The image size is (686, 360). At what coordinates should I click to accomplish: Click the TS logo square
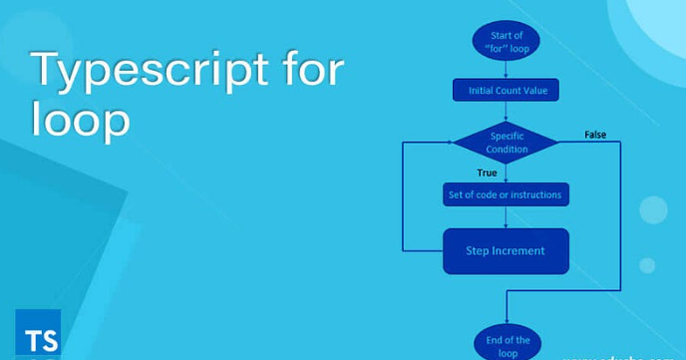[38, 333]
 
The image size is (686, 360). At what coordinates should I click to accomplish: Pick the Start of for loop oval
[507, 41]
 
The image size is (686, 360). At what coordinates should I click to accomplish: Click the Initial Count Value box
[507, 91]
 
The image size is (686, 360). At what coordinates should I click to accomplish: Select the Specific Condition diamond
[507, 142]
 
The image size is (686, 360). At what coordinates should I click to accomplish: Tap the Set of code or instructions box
[507, 194]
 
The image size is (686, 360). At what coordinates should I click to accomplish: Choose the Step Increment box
[506, 250]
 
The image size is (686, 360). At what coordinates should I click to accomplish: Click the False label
[595, 135]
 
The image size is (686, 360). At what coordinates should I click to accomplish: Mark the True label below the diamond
[487, 173]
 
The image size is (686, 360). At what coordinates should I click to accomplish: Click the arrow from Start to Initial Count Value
[507, 69]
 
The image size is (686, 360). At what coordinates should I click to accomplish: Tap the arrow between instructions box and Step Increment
[507, 217]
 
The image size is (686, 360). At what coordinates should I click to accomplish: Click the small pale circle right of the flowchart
[653, 209]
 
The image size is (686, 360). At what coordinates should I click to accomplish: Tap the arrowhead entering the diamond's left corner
[450, 143]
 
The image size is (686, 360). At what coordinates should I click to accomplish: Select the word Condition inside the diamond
[507, 150]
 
